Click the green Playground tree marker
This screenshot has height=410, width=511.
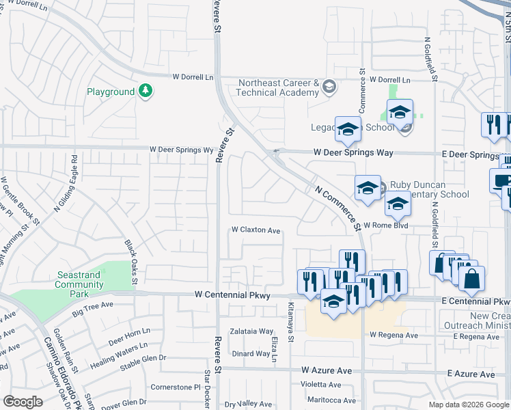click(145, 91)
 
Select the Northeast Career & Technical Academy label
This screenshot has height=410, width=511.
click(279, 87)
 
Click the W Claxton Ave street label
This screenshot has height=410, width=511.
click(256, 231)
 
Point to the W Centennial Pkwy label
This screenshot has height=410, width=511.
click(232, 295)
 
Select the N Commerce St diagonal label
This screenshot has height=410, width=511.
click(337, 208)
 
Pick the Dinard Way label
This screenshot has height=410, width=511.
click(250, 353)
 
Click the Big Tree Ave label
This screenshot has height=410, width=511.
click(92, 312)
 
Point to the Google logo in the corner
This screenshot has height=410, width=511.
click(23, 402)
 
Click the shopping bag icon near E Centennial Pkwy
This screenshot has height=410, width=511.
click(471, 279)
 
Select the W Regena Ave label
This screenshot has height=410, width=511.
click(393, 336)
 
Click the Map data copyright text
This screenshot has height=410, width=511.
click(469, 405)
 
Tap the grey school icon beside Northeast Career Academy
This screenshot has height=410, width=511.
click(329, 86)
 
